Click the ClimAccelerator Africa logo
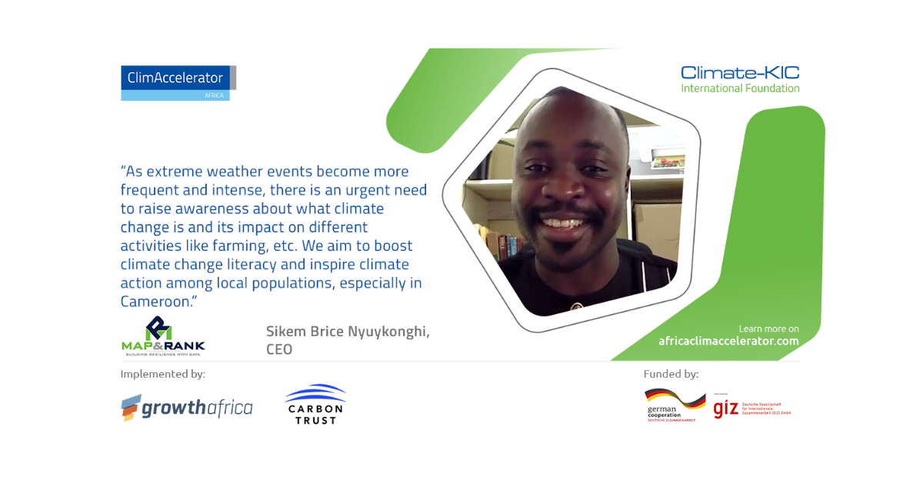coord(178,82)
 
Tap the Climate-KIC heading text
coord(740,73)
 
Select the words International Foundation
coord(740,88)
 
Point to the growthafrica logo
coord(186,408)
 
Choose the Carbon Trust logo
coord(315,405)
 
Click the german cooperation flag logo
coord(675,405)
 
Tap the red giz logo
coord(726,408)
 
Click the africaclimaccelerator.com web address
coord(728,341)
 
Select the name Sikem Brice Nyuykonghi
coord(348,331)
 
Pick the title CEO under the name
coord(279,350)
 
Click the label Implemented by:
coord(162,375)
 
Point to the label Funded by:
coord(671,375)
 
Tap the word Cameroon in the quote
coord(155,301)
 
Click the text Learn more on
coord(768,328)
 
